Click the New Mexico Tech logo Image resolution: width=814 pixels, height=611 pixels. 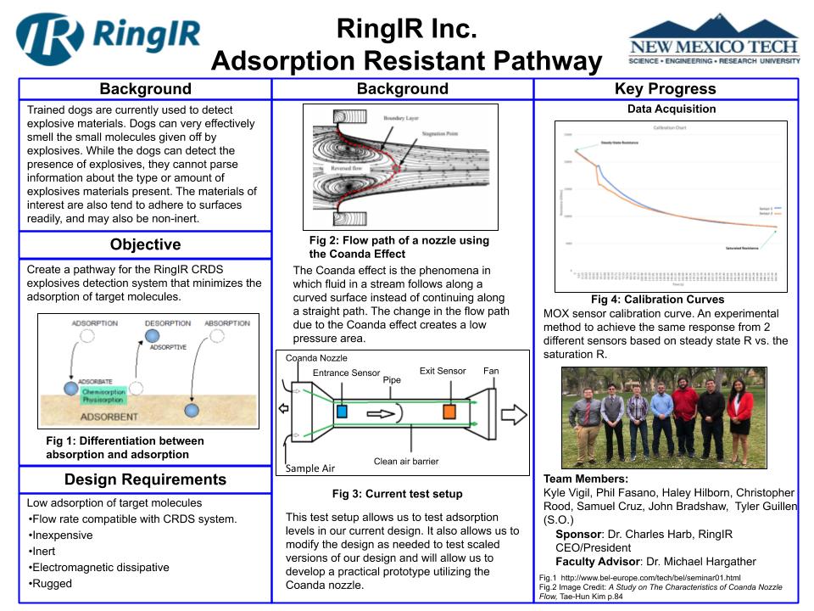pos(713,42)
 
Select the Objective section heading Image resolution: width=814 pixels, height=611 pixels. pos(145,245)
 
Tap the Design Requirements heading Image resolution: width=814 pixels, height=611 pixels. pos(145,479)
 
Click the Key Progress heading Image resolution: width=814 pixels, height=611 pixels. pos(665,89)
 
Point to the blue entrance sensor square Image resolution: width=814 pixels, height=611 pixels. pos(342,412)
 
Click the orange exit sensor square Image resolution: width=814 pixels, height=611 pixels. pos(449,412)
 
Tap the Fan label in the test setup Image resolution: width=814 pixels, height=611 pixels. pos(491,371)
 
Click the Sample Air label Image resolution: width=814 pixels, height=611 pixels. pos(310,468)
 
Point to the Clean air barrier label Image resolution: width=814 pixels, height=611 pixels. pos(406,462)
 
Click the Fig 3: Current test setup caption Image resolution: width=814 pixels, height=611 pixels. pos(397,494)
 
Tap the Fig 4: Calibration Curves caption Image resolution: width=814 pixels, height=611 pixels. pos(657,300)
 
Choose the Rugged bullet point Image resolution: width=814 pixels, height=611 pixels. pos(52,584)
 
